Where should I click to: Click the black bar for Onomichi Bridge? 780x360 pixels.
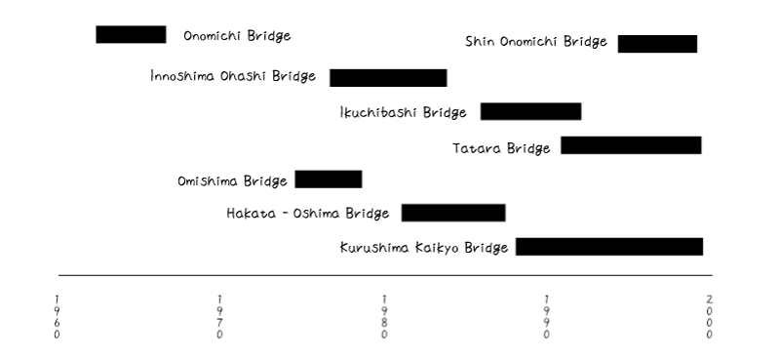[131, 35]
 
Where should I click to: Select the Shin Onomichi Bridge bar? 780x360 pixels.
[657, 44]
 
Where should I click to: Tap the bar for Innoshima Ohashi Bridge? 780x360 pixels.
[388, 78]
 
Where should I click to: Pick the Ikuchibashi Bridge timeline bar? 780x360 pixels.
[530, 111]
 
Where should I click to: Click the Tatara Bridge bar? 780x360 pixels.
[631, 145]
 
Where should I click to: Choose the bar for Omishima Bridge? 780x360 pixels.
[329, 180]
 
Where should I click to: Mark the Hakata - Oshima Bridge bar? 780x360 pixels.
[453, 213]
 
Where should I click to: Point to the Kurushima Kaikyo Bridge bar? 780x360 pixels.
[609, 247]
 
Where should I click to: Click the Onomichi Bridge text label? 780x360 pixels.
[237, 36]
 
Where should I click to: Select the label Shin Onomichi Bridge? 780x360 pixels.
[536, 42]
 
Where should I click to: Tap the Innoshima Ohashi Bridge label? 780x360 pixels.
[234, 76]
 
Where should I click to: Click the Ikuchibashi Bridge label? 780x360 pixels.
[404, 113]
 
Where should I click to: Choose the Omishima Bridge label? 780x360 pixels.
[232, 181]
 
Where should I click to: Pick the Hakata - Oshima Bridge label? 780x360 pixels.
[308, 214]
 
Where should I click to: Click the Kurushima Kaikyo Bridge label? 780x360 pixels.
[424, 248]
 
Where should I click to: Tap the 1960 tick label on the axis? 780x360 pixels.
[58, 316]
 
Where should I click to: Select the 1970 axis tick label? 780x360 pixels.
[220, 316]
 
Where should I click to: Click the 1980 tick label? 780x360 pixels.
[384, 316]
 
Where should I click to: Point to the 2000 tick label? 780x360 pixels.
[710, 316]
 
